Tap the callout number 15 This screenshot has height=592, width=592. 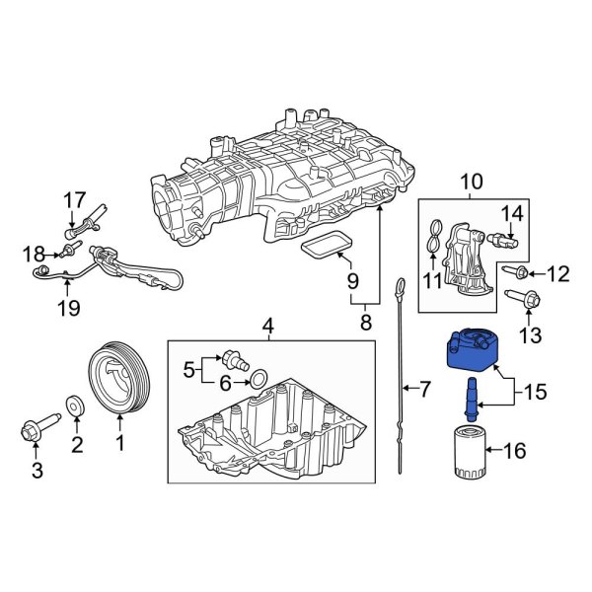pos(534,392)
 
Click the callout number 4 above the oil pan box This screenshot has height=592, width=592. pos(267,325)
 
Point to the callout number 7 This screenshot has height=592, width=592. pos(425,390)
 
